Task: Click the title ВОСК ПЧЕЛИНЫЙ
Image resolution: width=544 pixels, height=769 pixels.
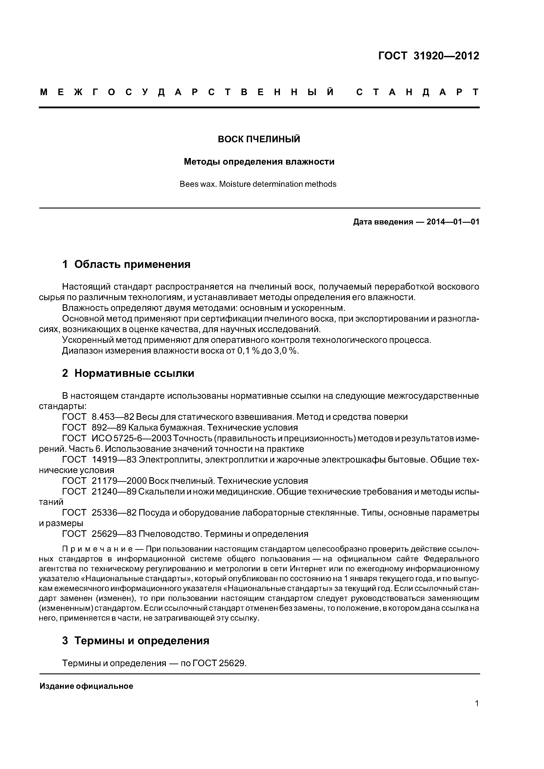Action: [259, 139]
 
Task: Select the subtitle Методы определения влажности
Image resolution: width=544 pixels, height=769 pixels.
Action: [259, 162]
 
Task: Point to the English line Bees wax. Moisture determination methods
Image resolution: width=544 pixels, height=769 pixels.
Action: [258, 184]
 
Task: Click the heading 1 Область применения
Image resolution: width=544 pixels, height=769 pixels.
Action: [126, 265]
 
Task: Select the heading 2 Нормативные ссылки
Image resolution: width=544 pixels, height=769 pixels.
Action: [128, 374]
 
